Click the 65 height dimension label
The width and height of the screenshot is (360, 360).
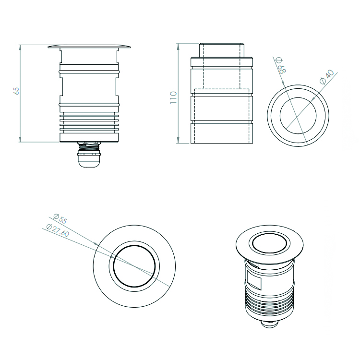(x=16, y=91)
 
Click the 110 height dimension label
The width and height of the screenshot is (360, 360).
(x=173, y=97)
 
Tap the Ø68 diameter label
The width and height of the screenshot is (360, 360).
(x=281, y=65)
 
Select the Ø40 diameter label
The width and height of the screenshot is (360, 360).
(x=327, y=77)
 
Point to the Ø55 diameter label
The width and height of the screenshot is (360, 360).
(x=60, y=218)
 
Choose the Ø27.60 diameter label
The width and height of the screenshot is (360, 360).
(x=58, y=230)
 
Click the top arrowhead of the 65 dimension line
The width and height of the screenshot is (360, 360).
(x=20, y=48)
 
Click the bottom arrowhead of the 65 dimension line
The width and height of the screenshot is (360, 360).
(x=20, y=140)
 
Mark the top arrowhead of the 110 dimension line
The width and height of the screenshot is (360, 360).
(x=179, y=46)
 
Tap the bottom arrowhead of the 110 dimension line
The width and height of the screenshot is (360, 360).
(x=179, y=141)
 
